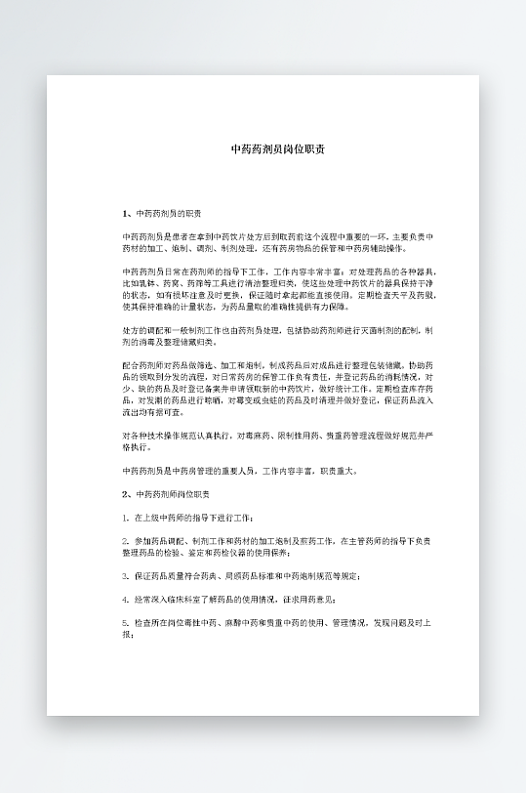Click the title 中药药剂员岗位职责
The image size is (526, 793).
[x=278, y=149]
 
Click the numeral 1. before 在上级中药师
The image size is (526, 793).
[x=126, y=517]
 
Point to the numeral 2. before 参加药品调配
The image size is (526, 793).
[x=126, y=540]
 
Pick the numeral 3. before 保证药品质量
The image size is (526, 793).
[x=126, y=575]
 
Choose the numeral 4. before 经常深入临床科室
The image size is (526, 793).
[x=126, y=598]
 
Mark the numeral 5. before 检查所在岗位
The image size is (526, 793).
[x=126, y=622]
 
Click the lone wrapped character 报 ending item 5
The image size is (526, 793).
[x=127, y=634]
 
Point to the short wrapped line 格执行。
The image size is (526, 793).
[x=137, y=446]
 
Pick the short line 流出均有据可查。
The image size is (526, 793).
[x=155, y=411]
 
